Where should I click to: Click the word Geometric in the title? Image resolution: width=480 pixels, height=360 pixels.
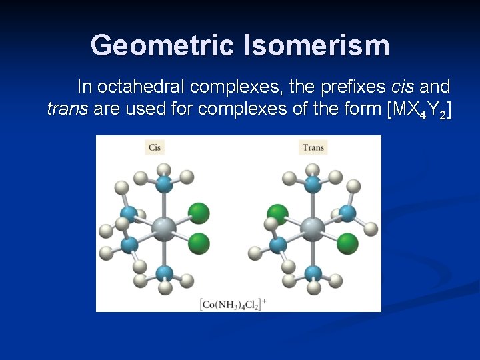tap(162, 45)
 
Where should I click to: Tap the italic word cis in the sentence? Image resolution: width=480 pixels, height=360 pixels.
tap(403, 87)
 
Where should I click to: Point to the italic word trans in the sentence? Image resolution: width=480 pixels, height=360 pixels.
tap(67, 109)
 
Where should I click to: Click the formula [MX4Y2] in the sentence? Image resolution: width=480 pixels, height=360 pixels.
tap(419, 110)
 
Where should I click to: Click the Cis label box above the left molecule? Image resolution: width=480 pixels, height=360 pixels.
tap(155, 147)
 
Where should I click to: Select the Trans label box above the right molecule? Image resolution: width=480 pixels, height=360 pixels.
tap(313, 147)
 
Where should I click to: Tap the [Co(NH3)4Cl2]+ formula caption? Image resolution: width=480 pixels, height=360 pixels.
tap(233, 304)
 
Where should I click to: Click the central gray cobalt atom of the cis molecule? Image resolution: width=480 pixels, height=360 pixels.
tap(163, 229)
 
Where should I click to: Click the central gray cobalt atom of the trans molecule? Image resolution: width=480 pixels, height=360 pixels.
tap(312, 229)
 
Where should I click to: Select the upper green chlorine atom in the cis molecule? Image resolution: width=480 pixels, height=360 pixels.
tap(198, 213)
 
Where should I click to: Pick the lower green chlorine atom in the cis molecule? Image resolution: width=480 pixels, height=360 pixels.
tap(198, 243)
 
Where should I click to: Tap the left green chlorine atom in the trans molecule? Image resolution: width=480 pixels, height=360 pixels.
tap(277, 215)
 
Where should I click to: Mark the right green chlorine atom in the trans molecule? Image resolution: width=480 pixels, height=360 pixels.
tap(347, 243)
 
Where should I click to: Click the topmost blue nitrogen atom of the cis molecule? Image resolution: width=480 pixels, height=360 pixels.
tap(165, 183)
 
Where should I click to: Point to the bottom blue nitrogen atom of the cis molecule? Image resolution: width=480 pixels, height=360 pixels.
tap(165, 273)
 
